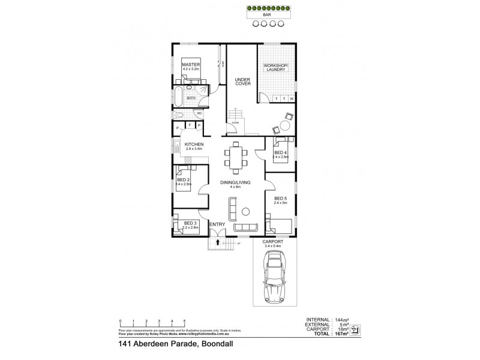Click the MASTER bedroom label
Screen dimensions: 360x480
tap(191, 65)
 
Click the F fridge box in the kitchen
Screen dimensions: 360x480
tap(190, 125)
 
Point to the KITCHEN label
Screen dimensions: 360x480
tap(194, 145)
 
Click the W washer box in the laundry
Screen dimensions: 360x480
tap(292, 99)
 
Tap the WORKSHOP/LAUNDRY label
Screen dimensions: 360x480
tap(277, 67)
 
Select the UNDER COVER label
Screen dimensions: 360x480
tap(242, 81)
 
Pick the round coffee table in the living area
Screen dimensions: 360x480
tap(245, 211)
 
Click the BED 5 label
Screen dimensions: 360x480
tap(280, 199)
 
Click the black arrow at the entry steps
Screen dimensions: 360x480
tap(217, 243)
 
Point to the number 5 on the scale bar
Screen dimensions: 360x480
tap(185, 320)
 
